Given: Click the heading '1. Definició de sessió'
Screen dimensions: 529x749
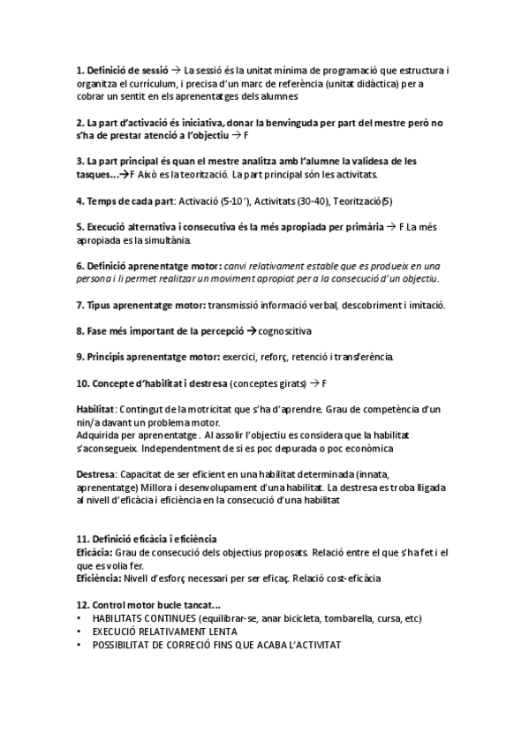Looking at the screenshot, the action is tap(122, 69).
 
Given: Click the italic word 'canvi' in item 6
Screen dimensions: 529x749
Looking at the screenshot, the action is tap(238, 265).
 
